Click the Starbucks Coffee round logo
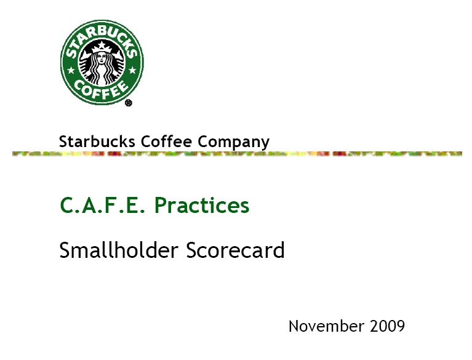tap(102, 62)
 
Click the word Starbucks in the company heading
tap(97, 141)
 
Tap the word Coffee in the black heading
tap(166, 141)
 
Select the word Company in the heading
tap(233, 142)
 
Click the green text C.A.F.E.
tap(102, 205)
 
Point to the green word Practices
tap(202, 205)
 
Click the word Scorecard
tap(236, 250)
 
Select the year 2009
tap(388, 326)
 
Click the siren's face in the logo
tap(102, 58)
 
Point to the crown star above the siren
tap(102, 45)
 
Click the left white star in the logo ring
tap(71, 70)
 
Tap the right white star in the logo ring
tap(132, 70)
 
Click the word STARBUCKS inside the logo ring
tap(102, 38)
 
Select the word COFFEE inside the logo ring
tap(102, 90)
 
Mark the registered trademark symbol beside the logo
tap(129, 103)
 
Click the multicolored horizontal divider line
tap(237, 154)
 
